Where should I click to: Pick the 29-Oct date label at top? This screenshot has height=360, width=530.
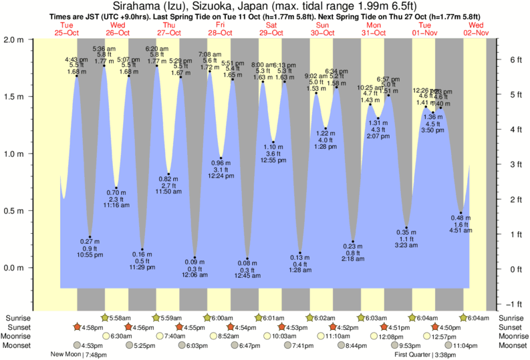click(x=271, y=33)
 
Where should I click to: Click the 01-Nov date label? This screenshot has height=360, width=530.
click(x=425, y=33)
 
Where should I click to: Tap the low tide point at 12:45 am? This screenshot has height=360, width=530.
click(x=247, y=258)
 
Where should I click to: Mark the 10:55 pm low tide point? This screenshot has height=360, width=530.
click(x=90, y=237)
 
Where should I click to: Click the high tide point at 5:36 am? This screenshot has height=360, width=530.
click(x=104, y=65)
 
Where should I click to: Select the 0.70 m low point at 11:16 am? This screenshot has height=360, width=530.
click(x=116, y=188)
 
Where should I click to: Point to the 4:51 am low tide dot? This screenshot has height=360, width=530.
click(x=460, y=213)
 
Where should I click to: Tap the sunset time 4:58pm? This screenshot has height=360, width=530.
click(x=93, y=327)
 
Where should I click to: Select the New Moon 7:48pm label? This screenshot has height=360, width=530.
click(x=79, y=355)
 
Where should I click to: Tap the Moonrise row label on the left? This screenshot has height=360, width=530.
click(x=18, y=337)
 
